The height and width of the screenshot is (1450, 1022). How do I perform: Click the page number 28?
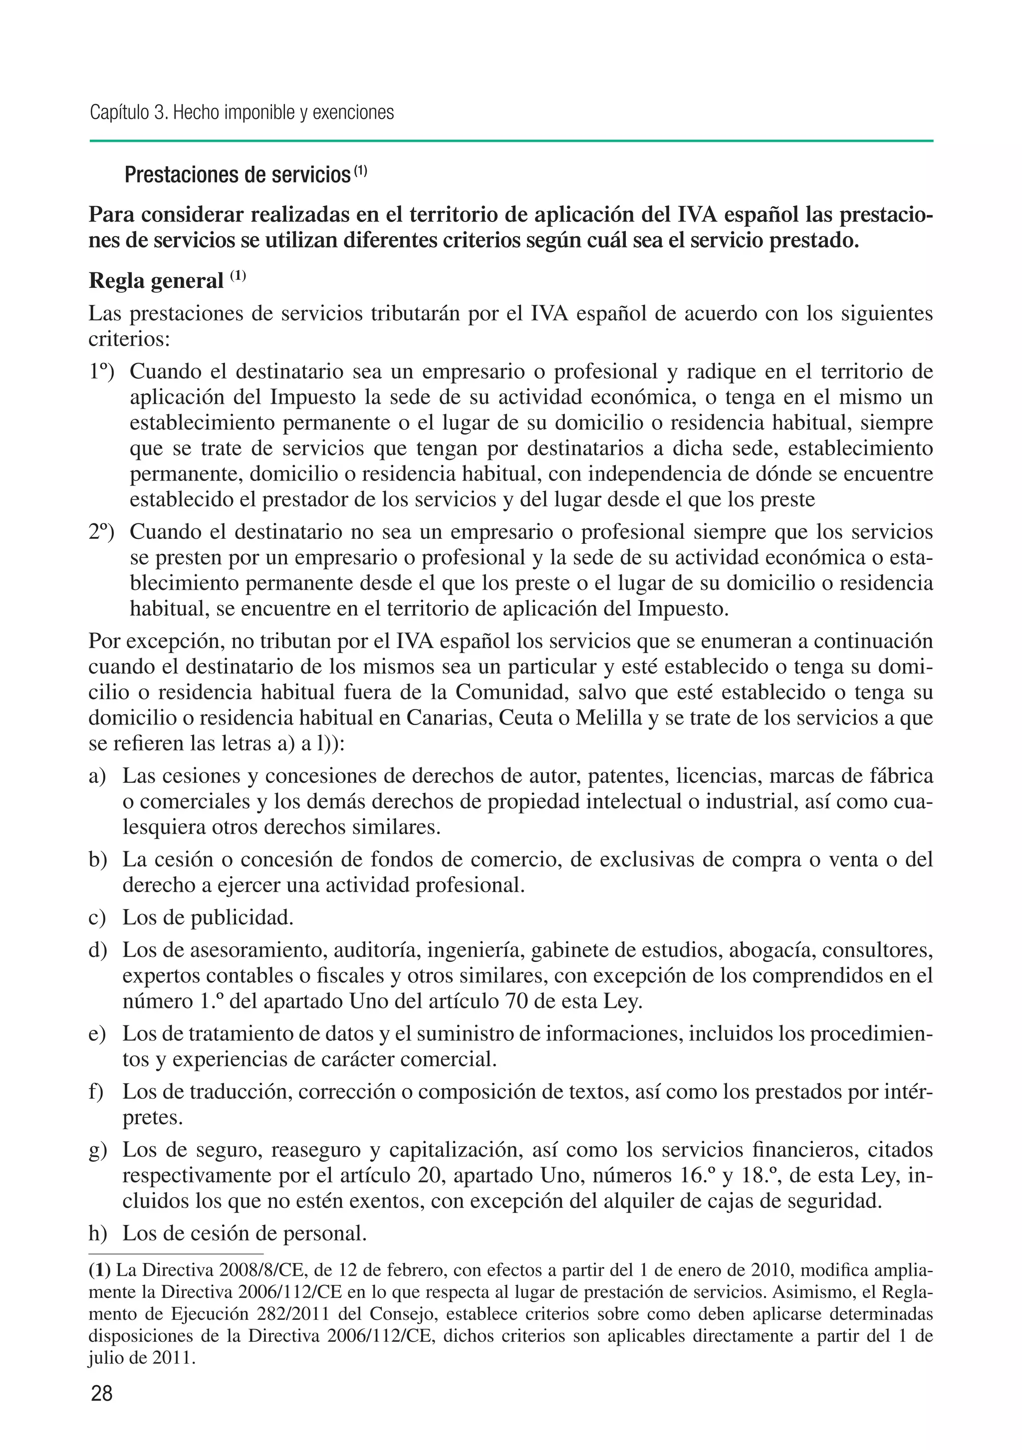pos(102,1393)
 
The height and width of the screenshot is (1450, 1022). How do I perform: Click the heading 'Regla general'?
pos(156,280)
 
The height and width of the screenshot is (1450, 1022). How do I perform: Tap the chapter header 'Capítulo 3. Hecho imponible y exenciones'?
pos(242,112)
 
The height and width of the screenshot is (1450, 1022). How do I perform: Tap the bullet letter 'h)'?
pos(98,1233)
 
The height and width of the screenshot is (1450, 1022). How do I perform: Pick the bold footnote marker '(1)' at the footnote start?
pos(100,1270)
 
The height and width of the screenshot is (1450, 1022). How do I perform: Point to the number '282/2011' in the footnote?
pos(294,1314)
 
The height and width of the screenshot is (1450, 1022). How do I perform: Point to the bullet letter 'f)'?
pos(97,1091)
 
